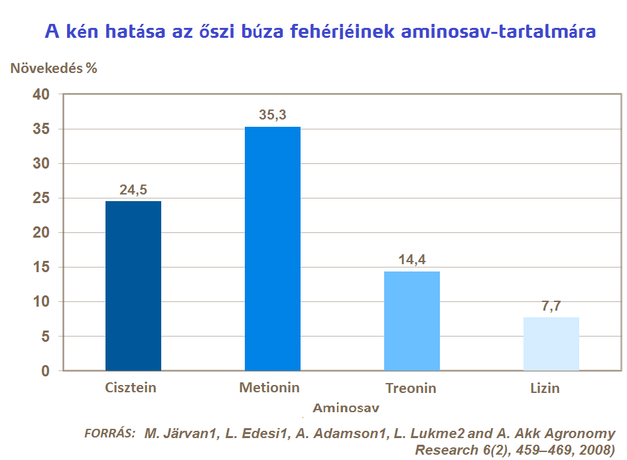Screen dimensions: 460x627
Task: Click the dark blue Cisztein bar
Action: pos(133,285)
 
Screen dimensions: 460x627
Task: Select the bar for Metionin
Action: pos(273,248)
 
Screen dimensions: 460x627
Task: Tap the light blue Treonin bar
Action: pos(412,321)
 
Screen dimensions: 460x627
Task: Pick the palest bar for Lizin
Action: pos(551,344)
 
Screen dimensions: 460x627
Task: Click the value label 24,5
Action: pos(133,190)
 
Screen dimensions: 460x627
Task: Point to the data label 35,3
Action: pos(273,115)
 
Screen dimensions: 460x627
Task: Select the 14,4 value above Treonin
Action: pos(412,260)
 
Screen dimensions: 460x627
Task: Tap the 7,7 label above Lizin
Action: pos(551,306)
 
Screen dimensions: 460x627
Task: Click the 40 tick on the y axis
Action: pos(41,95)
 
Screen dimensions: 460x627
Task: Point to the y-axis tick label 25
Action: pos(41,198)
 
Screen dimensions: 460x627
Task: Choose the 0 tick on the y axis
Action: pos(45,371)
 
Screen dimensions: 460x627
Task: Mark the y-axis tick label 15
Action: pos(41,268)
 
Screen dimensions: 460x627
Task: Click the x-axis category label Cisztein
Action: pos(131,387)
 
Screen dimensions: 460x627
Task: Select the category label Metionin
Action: pos(269,387)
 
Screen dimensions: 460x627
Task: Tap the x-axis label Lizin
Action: pos(545,388)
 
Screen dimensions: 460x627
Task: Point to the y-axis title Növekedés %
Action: pos(54,68)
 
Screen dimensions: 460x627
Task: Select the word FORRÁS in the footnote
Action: pos(110,433)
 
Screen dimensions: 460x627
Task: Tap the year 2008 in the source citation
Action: pos(593,449)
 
